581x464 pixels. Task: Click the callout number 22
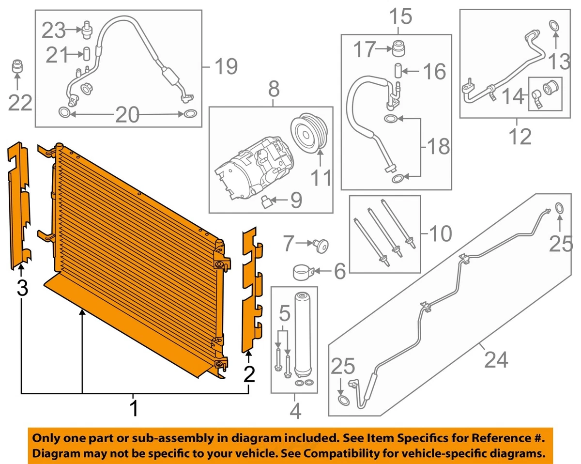(x=21, y=103)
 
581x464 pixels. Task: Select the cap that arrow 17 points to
(x=399, y=49)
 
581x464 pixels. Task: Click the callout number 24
(x=496, y=360)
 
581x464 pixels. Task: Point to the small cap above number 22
(x=18, y=66)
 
